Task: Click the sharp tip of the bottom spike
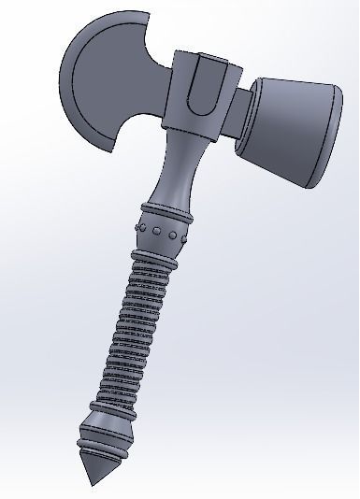91,485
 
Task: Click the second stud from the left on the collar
156,229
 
